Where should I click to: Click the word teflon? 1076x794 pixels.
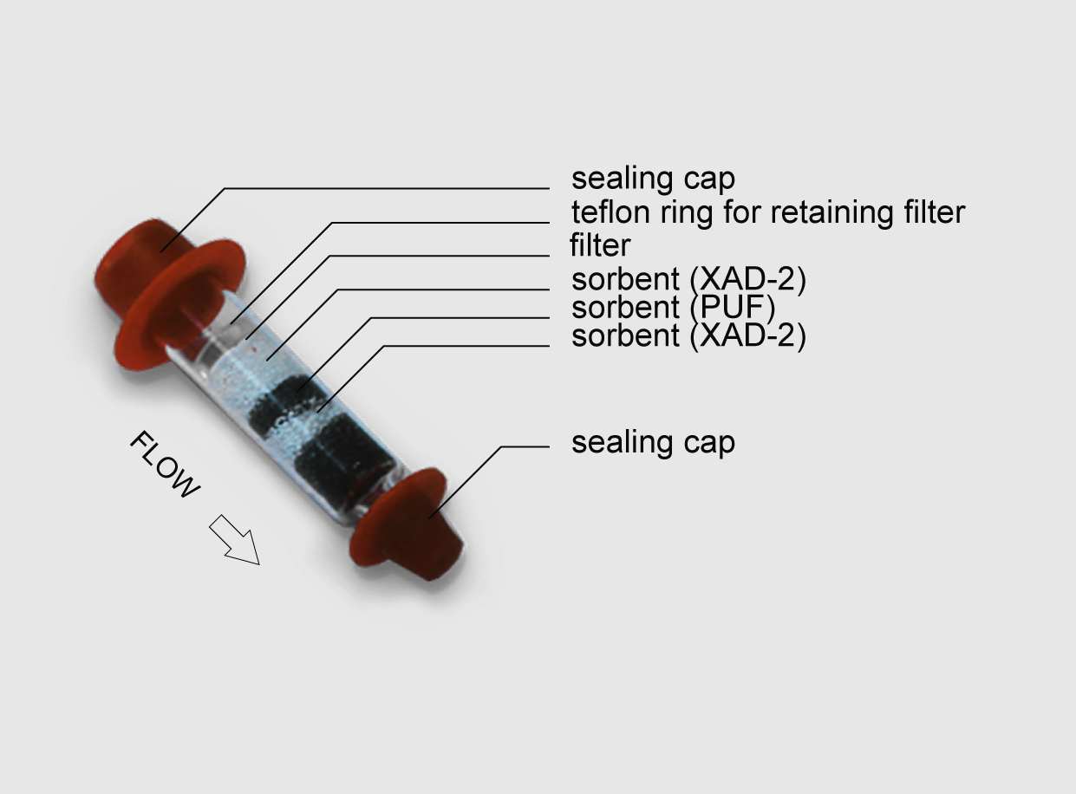[609, 212]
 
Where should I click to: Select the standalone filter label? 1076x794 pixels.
[599, 245]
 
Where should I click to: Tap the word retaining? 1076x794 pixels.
[837, 212]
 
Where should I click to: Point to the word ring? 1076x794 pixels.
[682, 212]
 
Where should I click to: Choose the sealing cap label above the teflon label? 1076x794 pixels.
[653, 179]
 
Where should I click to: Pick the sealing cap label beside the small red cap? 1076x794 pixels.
[653, 442]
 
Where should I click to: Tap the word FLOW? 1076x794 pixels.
[165, 464]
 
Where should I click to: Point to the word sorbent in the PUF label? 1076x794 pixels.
[624, 308]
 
